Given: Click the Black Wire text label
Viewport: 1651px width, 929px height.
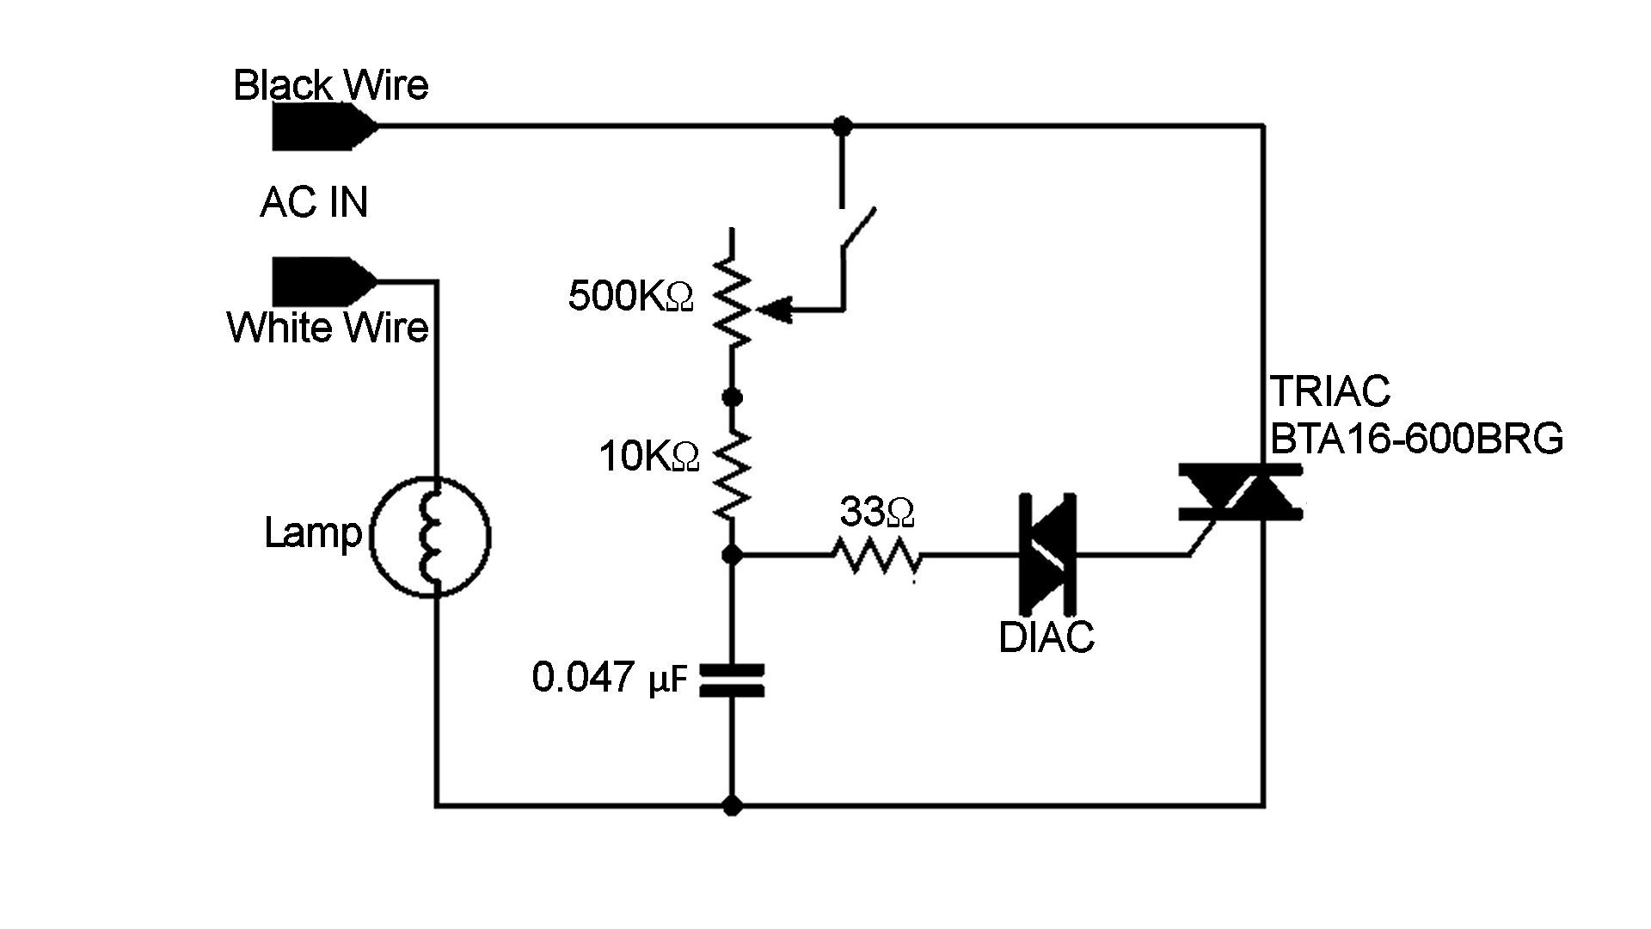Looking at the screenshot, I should click(331, 85).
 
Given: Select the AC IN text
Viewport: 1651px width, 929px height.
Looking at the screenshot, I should click(314, 203).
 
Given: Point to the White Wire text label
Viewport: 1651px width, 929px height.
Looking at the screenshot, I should click(328, 328).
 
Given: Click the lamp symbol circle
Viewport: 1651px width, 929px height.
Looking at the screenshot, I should click(430, 537).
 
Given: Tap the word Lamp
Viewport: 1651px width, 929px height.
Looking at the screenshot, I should click(313, 532).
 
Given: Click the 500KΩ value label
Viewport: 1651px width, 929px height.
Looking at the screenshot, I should click(630, 297).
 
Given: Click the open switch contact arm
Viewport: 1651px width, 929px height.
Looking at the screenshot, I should click(858, 229).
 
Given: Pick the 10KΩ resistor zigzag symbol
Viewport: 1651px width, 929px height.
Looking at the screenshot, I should click(732, 473).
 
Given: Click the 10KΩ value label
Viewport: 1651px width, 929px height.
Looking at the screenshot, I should click(648, 457).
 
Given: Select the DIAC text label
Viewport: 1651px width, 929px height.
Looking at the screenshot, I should click(1046, 637).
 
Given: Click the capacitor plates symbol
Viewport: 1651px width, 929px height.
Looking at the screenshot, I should click(732, 680).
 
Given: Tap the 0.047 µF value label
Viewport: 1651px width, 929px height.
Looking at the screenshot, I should click(610, 678).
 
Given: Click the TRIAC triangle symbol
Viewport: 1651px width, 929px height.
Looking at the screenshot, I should click(1239, 494).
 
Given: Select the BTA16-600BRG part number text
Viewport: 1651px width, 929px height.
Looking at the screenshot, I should click(1416, 440).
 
